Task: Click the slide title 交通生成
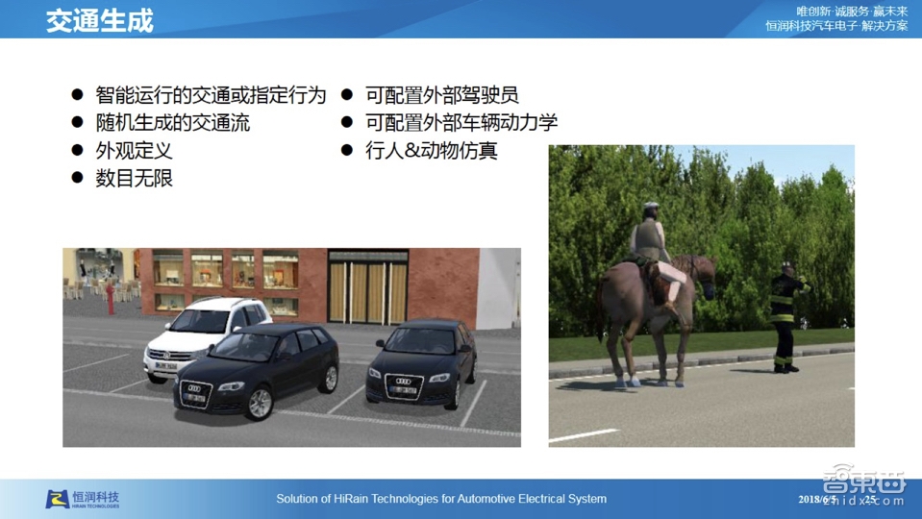[99, 21]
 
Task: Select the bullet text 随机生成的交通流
[173, 123]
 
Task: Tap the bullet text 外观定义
[134, 151]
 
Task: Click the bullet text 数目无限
[134, 179]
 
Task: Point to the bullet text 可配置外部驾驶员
[441, 95]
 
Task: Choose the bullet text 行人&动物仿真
[432, 151]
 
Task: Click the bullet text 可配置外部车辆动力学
[461, 123]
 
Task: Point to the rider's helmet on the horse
[651, 209]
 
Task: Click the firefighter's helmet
[787, 267]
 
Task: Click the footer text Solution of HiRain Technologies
[441, 499]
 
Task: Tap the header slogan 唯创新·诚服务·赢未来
[852, 11]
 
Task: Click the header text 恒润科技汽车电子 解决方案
[836, 26]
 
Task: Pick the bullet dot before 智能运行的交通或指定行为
[77, 95]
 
